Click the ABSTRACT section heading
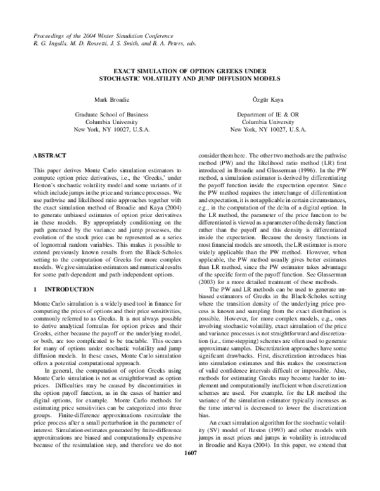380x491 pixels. [x=50, y=154]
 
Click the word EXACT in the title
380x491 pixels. [x=125, y=71]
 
